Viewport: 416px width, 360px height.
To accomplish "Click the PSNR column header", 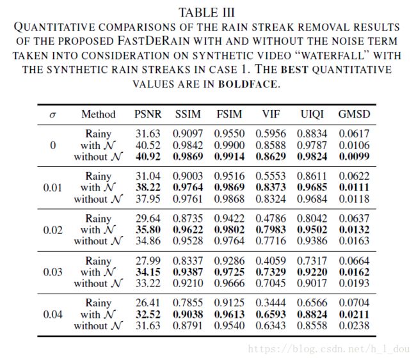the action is click(148, 114).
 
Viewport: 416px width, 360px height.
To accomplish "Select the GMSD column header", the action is click(354, 114).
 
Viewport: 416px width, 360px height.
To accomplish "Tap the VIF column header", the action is click(271, 114).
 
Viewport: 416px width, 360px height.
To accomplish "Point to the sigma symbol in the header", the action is click(52, 115).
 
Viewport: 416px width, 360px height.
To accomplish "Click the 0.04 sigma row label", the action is click(52, 315).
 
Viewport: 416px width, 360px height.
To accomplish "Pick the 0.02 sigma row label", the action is click(52, 230).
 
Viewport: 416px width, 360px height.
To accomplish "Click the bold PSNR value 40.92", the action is click(148, 157).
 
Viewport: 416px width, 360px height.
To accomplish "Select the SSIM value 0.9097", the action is click(188, 134).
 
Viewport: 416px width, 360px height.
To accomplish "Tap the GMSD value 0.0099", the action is click(354, 157).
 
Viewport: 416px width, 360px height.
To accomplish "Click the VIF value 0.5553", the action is click(271, 176).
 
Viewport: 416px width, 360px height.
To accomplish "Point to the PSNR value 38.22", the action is click(148, 187).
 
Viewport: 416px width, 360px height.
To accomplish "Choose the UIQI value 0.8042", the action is click(312, 219).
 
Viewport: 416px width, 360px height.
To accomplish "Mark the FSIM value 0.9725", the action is click(229, 272).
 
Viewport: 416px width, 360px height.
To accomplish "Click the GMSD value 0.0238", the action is click(354, 325).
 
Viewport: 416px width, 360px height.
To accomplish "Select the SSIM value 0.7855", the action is click(188, 302).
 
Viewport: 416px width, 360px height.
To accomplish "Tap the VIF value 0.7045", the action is click(271, 283).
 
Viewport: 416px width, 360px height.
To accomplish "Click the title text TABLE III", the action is click(207, 12).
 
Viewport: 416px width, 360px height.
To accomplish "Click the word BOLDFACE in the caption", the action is click(248, 84).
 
